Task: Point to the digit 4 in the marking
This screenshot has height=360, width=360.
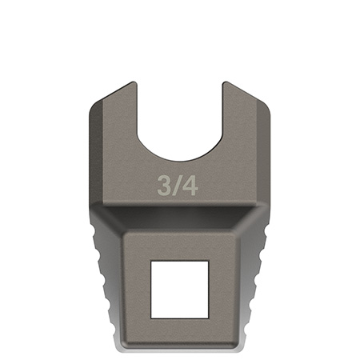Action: click(190, 185)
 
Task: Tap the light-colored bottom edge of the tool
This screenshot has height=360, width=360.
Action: click(180, 347)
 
